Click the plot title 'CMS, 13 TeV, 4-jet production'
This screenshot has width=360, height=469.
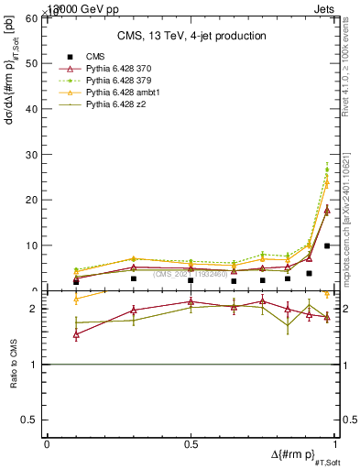tap(191, 36)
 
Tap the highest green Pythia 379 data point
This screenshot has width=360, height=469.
tap(327, 169)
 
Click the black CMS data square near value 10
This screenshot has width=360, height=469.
tap(327, 245)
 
